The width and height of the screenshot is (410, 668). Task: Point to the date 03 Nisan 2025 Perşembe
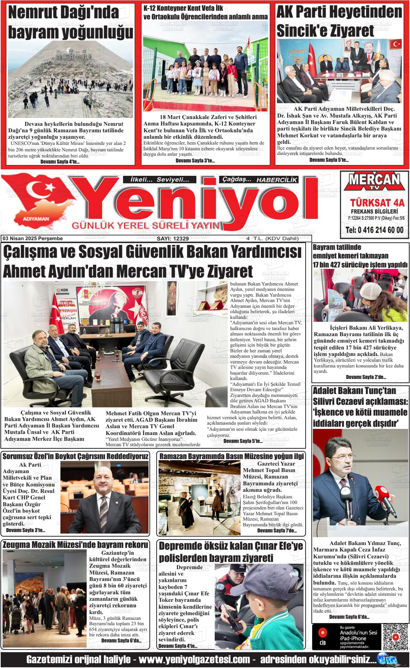click(x=32, y=238)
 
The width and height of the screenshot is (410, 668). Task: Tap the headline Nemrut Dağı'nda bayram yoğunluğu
click(x=70, y=22)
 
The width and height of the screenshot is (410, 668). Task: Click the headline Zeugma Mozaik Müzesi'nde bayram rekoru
click(x=75, y=544)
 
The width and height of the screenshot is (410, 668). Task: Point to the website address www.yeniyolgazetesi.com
click(x=194, y=659)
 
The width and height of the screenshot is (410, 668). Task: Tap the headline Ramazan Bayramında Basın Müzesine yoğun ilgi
click(x=231, y=456)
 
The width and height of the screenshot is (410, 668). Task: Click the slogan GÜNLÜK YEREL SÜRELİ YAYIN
click(x=146, y=225)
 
